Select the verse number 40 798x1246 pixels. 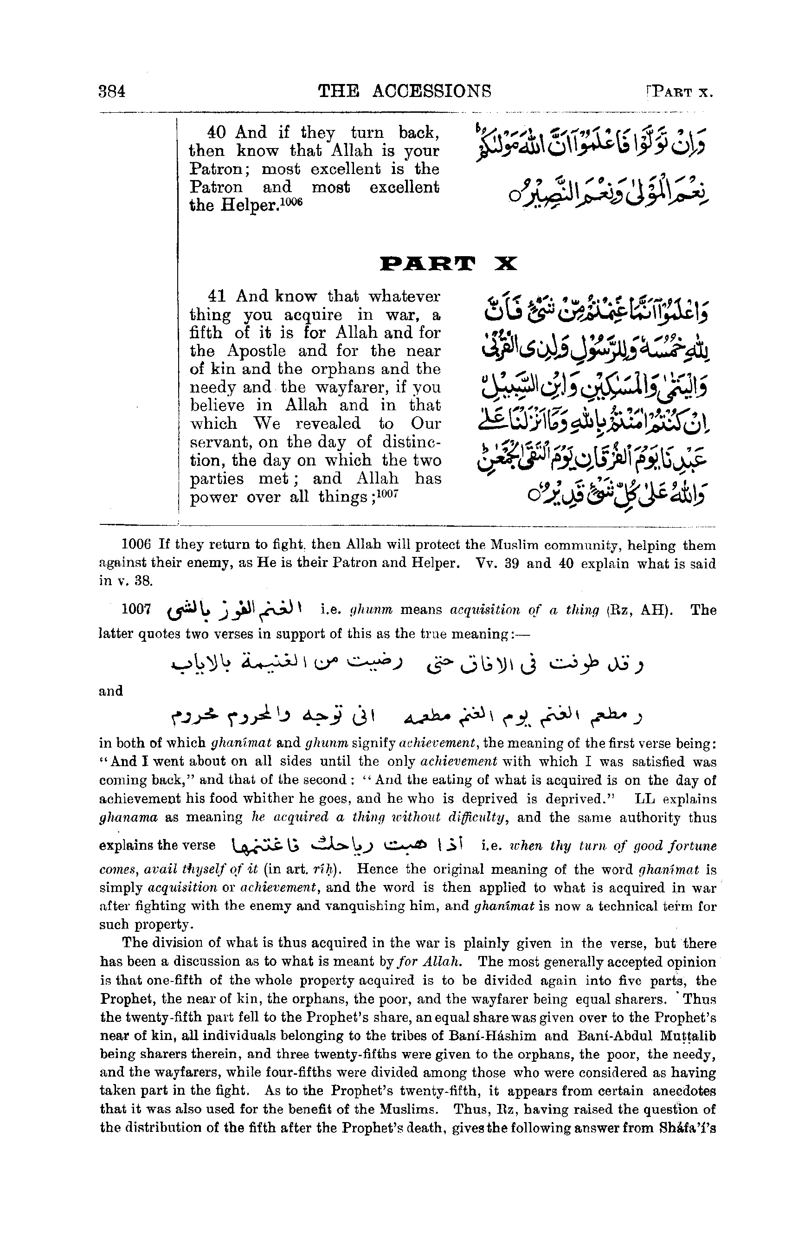216,133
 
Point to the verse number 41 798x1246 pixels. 217,297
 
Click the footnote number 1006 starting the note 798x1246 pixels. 135,545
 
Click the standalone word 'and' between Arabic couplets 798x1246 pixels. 110,691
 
